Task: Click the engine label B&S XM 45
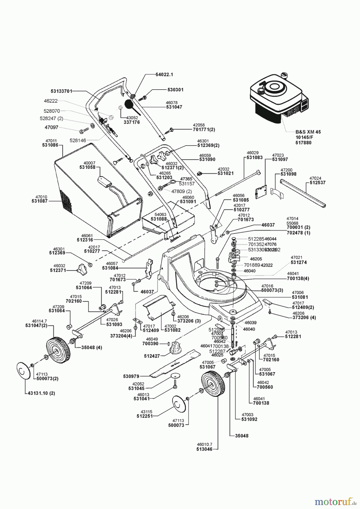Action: tap(308, 132)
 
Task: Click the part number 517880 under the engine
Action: tap(303, 143)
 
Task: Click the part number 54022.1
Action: tap(164, 75)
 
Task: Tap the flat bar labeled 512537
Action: tap(303, 192)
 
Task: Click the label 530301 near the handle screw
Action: tap(175, 90)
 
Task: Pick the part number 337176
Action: tap(132, 122)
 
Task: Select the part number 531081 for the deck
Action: tap(300, 297)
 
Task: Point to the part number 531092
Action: tap(249, 419)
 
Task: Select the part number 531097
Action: tap(280, 159)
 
